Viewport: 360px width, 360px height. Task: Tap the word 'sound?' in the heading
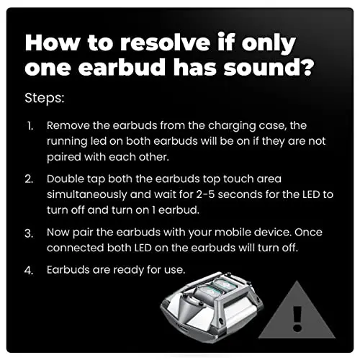click(269, 67)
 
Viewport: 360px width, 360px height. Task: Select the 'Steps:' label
click(45, 99)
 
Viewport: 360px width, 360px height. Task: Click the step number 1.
click(30, 126)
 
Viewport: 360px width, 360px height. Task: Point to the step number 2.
click(29, 179)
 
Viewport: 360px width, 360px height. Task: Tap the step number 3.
click(29, 233)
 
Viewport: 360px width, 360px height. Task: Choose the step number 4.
click(29, 271)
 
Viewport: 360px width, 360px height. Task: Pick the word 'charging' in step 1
click(232, 126)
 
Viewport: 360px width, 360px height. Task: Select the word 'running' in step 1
click(67, 142)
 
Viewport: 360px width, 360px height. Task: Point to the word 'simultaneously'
click(87, 195)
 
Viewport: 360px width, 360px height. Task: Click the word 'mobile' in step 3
click(233, 233)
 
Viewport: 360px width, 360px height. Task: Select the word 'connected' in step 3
click(76, 248)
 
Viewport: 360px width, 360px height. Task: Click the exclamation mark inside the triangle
click(297, 319)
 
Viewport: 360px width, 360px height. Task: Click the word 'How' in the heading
click(52, 43)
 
